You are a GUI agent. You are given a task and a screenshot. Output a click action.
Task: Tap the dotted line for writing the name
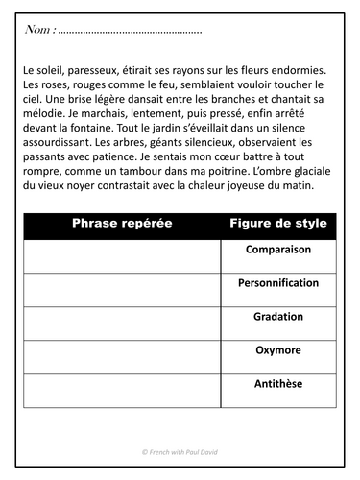pyautogui.click(x=130, y=33)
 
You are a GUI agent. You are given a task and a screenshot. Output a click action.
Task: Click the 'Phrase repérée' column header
pyautogui.click(x=122, y=224)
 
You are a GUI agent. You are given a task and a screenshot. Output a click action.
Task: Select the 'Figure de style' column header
pyautogui.click(x=278, y=224)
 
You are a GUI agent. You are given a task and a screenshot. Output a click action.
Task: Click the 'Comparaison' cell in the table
pyautogui.click(x=278, y=250)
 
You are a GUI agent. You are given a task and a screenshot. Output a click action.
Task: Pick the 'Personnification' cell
pyautogui.click(x=278, y=283)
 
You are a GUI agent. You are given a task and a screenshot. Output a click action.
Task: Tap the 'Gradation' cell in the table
pyautogui.click(x=278, y=316)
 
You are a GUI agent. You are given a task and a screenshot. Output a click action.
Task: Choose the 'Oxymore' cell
pyautogui.click(x=278, y=349)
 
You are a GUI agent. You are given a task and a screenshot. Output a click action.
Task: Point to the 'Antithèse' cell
pyautogui.click(x=278, y=383)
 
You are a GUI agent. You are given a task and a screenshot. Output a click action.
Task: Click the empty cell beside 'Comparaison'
pyautogui.click(x=122, y=255)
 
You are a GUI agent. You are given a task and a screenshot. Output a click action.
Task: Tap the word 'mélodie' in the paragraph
pyautogui.click(x=44, y=115)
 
